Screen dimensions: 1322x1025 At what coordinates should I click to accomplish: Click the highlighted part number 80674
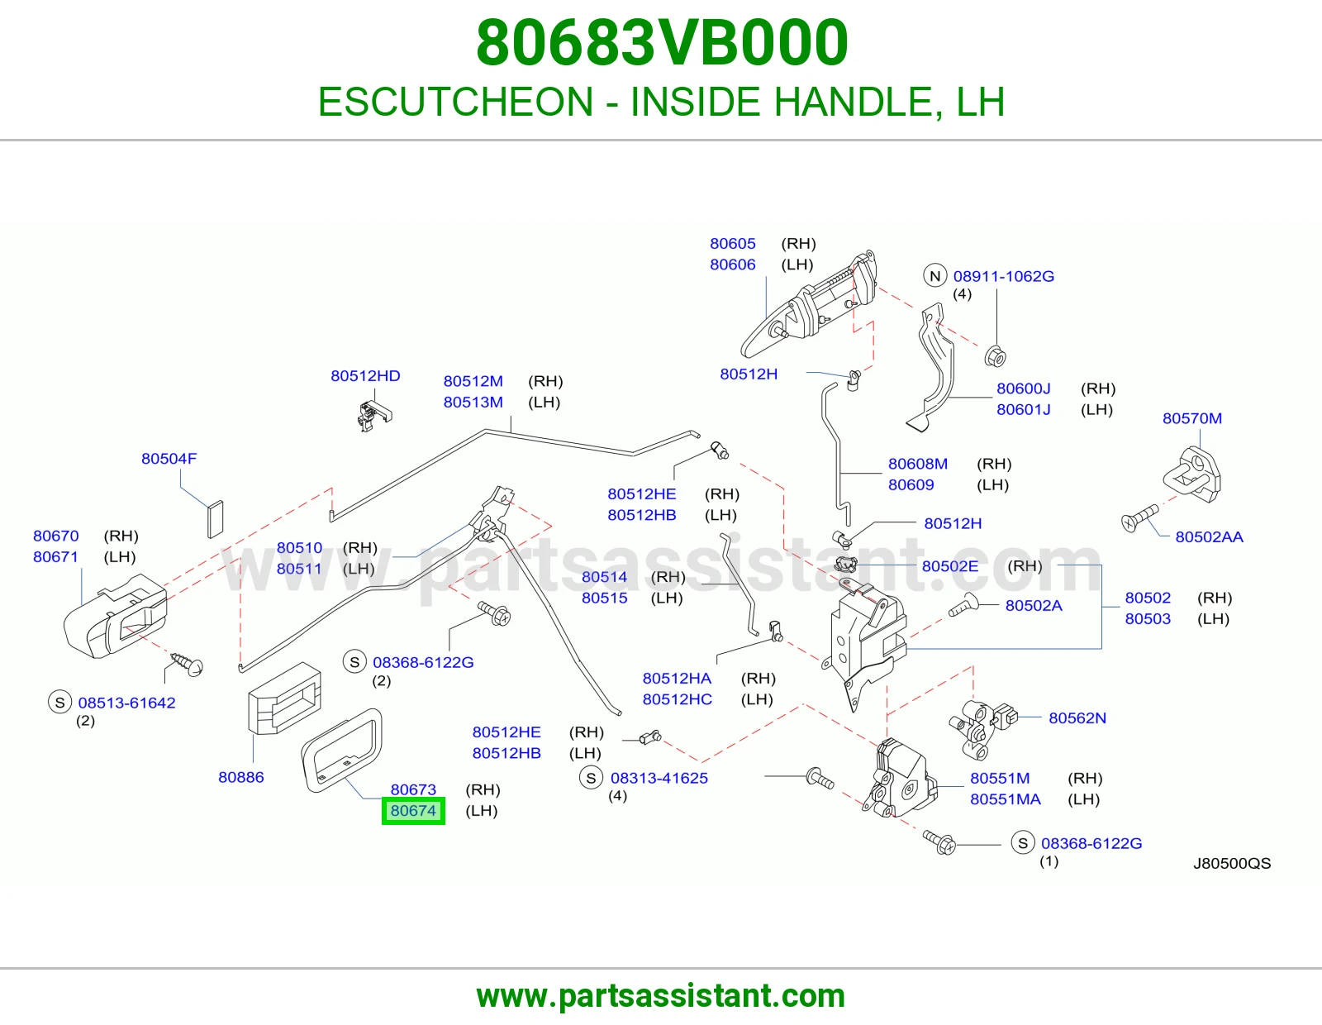[x=413, y=811]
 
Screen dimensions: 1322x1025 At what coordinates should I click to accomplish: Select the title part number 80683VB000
[x=662, y=43]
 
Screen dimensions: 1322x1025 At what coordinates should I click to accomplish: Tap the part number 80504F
[x=169, y=458]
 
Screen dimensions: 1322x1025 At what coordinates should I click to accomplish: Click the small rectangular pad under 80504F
[x=216, y=519]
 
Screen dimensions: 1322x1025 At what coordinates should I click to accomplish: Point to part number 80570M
[x=1191, y=418]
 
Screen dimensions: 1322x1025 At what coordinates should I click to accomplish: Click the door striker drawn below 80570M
[x=1192, y=475]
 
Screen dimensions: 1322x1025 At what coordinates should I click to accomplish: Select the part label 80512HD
[x=365, y=375]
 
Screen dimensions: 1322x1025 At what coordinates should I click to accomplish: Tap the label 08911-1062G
[x=1003, y=276]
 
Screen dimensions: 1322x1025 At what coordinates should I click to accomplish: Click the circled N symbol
[x=935, y=276]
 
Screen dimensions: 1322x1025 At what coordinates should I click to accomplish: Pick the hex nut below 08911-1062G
[x=995, y=356]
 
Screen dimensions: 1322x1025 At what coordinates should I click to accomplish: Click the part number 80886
[x=241, y=777]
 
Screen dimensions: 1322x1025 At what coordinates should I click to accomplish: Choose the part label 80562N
[x=1077, y=717]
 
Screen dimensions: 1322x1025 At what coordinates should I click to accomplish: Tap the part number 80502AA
[x=1209, y=536]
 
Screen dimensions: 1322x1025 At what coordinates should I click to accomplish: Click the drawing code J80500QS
[x=1232, y=863]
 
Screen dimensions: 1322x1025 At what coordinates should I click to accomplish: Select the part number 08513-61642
[x=126, y=703]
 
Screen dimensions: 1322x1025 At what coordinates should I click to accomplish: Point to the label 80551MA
[x=1005, y=799]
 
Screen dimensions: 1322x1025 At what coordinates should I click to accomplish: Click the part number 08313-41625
[x=659, y=778]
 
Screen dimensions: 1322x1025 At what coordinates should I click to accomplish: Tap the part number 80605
[x=733, y=244]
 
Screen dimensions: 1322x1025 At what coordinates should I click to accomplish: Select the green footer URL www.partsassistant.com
[x=661, y=997]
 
